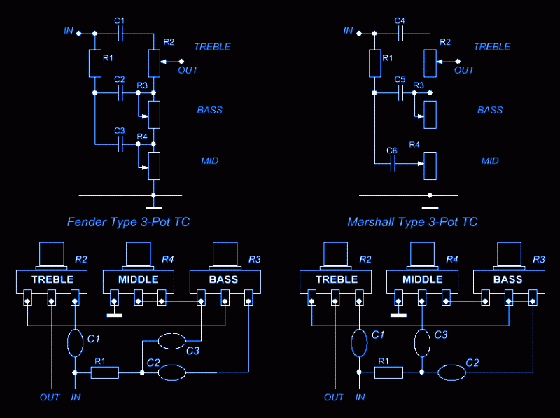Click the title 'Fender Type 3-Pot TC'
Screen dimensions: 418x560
click(x=128, y=222)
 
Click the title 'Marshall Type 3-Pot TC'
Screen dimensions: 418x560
click(x=412, y=222)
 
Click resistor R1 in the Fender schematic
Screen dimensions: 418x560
click(x=95, y=63)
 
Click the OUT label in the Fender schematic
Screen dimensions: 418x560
click(x=188, y=70)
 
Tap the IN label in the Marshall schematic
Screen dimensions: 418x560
click(x=348, y=31)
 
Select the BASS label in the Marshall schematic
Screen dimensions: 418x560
click(x=490, y=110)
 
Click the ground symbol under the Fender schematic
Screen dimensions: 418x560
click(x=153, y=207)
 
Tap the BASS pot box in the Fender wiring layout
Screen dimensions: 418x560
click(x=224, y=279)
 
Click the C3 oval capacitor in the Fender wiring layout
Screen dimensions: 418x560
click(x=171, y=342)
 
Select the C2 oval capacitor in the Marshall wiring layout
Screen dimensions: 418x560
click(x=452, y=372)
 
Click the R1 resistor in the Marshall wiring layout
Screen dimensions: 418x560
click(x=389, y=372)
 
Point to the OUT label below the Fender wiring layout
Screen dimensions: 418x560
click(x=50, y=397)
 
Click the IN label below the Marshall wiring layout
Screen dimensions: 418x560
click(x=360, y=397)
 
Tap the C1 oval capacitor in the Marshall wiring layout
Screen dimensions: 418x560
click(x=358, y=343)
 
